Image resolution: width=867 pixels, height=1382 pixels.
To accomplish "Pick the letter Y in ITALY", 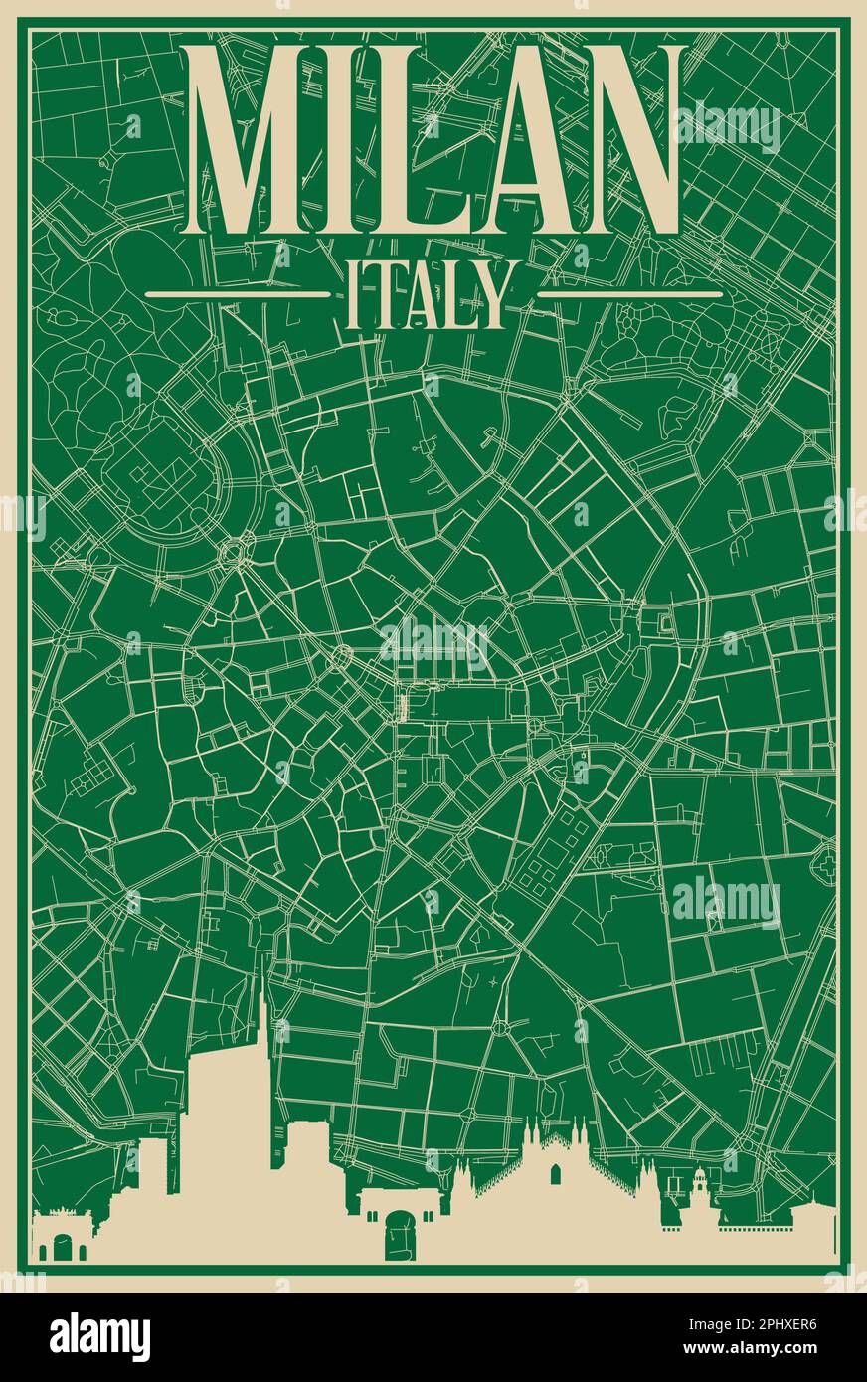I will [492, 295].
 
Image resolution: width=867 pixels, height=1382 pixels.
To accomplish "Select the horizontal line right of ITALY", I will [629, 295].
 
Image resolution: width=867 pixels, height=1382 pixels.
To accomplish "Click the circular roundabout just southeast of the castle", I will [240, 548].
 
